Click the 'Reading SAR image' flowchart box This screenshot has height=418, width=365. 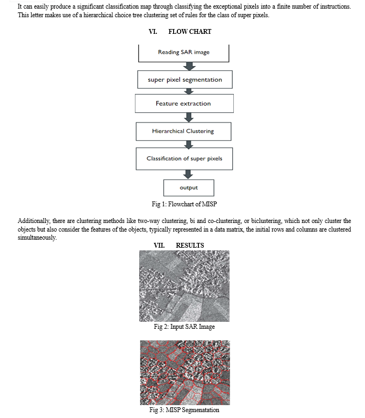(183, 53)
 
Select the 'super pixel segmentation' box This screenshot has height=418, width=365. (185, 80)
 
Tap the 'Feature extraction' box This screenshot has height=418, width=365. (184, 104)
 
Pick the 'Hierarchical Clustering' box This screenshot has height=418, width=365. (183, 132)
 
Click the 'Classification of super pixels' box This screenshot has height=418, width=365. (184, 159)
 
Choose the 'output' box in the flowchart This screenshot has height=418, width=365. (189, 188)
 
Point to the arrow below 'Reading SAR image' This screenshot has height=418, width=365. (189, 67)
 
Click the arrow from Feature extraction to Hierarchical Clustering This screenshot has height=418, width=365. (189, 118)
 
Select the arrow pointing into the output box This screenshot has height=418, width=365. (188, 175)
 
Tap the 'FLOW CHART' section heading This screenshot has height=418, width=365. (190, 32)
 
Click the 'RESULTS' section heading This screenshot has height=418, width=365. (190, 245)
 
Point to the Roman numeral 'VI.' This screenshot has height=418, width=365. (153, 32)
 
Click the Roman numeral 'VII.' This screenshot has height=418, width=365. (159, 245)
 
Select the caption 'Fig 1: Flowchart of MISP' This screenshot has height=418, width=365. (184, 204)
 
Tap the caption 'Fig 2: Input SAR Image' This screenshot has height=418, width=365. (184, 327)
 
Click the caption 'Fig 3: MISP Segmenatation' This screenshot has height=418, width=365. (184, 410)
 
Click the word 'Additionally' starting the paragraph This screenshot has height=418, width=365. (34, 221)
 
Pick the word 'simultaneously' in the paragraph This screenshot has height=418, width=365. (37, 237)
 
